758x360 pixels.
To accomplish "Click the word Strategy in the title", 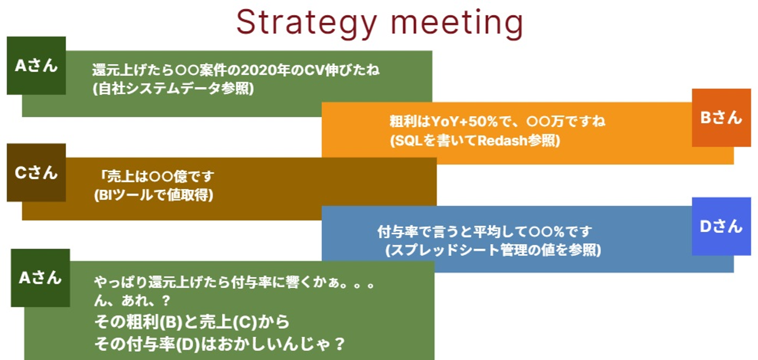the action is pyautogui.click(x=306, y=24).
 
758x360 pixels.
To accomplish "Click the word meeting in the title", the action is pyautogui.click(x=457, y=24).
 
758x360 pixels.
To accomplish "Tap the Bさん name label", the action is pyautogui.click(x=721, y=118).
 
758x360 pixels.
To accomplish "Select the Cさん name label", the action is pyautogui.click(x=36, y=173).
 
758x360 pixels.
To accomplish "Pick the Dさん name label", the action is pyautogui.click(x=721, y=226).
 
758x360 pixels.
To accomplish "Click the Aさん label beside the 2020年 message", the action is pyautogui.click(x=36, y=66).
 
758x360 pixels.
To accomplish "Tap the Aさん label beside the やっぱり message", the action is pyautogui.click(x=40, y=278).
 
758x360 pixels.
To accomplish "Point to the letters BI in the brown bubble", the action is pyautogui.click(x=105, y=195).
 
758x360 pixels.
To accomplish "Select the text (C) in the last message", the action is pyautogui.click(x=244, y=322).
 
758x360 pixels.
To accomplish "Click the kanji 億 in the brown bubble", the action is pyautogui.click(x=181, y=176).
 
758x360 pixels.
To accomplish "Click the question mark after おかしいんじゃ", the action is pyautogui.click(x=339, y=344).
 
